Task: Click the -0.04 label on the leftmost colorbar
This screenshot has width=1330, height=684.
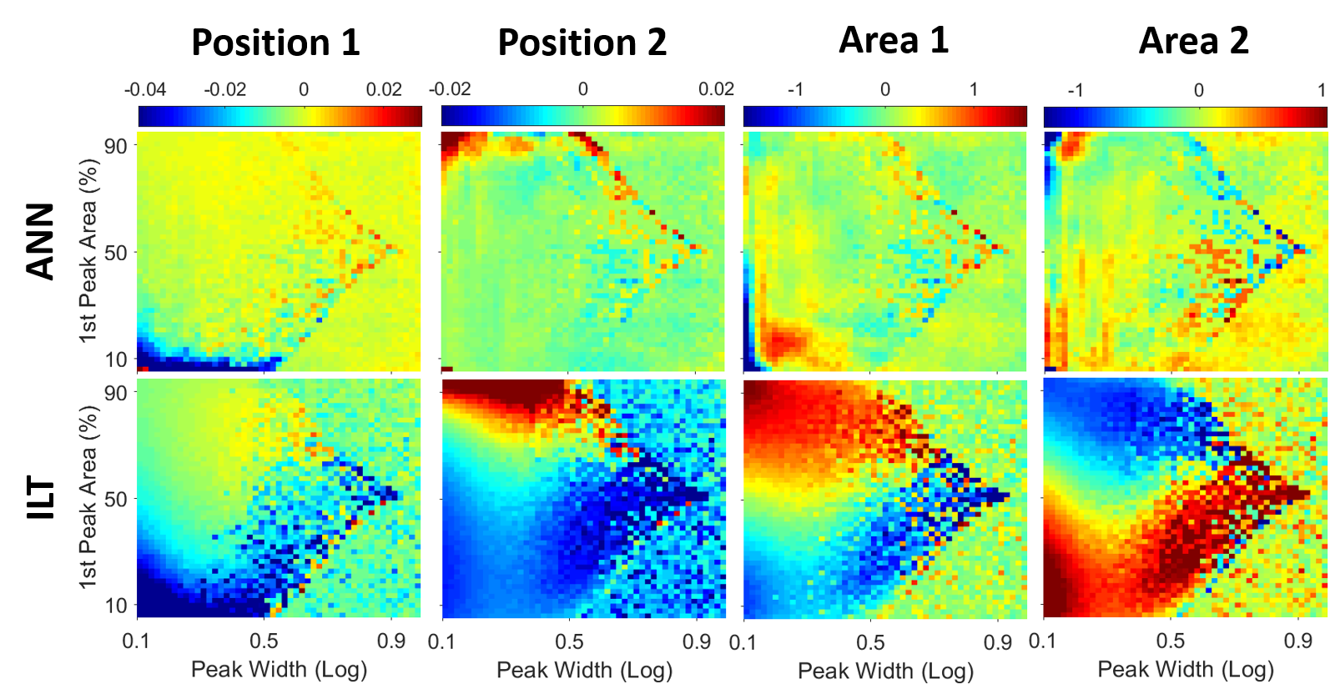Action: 145,90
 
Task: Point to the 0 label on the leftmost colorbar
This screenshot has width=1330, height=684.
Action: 304,90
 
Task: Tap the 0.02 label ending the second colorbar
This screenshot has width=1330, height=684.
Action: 716,89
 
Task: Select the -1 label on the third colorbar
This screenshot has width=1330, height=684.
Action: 795,89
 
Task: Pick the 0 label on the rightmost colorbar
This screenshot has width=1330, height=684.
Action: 1198,90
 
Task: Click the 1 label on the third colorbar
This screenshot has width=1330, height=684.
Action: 974,89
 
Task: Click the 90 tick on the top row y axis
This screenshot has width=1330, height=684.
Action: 116,146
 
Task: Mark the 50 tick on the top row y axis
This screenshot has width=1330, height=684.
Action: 116,253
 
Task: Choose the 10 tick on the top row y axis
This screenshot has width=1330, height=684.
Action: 116,360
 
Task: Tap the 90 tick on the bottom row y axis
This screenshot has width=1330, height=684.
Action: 116,393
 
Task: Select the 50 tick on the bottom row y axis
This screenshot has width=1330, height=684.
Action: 116,500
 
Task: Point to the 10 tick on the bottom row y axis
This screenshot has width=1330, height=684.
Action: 116,606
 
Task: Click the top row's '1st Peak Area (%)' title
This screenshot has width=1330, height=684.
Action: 88,250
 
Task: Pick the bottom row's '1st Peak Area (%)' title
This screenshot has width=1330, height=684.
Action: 88,497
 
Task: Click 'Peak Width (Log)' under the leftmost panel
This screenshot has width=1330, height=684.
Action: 279,669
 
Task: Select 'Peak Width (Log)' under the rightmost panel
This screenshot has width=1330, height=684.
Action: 1185,669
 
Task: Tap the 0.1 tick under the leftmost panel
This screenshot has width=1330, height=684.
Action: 136,641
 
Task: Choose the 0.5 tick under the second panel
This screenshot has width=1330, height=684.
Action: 570,642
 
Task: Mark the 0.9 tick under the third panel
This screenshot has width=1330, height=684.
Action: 998,643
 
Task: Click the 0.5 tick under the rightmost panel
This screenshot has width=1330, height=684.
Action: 1171,641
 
